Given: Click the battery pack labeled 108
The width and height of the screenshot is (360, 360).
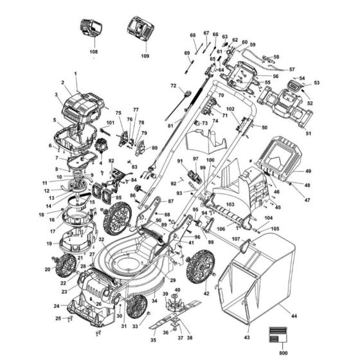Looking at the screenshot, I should click(x=91, y=30).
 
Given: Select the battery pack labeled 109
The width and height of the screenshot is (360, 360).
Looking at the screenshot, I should click(x=141, y=29).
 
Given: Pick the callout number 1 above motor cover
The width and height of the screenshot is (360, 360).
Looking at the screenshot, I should click(x=75, y=75).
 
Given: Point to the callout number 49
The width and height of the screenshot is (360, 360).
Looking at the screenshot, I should click(x=308, y=171).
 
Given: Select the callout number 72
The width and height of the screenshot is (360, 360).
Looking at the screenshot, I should click(x=173, y=85).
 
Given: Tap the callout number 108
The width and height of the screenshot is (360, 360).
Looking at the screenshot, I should click(x=93, y=50).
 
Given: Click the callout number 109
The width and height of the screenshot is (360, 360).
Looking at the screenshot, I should click(x=145, y=56).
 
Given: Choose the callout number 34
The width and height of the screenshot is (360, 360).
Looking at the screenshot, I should click(x=154, y=301).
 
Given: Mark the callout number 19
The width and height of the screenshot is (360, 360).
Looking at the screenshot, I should click(x=49, y=244).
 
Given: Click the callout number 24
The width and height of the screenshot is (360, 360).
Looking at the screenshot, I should click(x=57, y=306).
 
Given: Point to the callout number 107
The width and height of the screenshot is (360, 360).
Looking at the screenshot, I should click(x=236, y=240).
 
